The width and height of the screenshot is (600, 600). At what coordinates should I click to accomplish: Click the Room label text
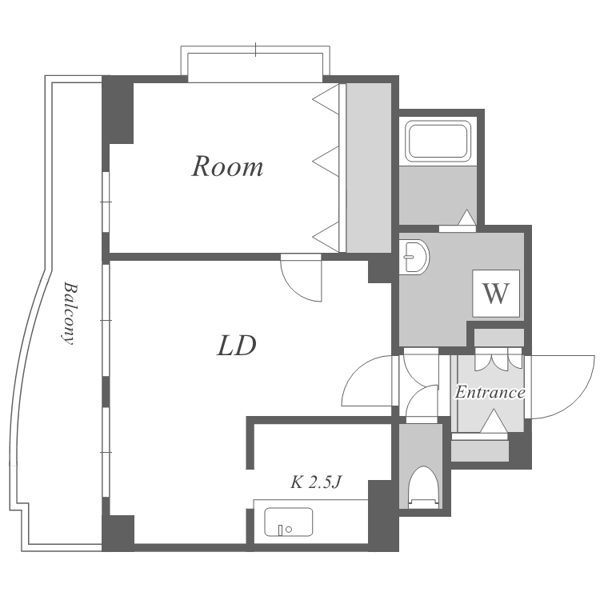(x=227, y=167)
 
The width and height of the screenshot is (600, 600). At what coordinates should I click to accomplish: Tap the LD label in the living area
(x=237, y=346)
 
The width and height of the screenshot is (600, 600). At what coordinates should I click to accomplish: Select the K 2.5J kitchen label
(x=316, y=482)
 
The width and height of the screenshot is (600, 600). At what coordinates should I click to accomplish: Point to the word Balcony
(x=69, y=312)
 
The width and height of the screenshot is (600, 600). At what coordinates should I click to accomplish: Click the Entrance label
(x=490, y=393)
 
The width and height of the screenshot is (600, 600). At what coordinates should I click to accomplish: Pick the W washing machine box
(x=496, y=294)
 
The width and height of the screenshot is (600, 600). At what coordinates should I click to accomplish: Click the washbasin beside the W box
(x=415, y=258)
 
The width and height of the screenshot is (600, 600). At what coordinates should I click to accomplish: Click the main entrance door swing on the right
(x=560, y=387)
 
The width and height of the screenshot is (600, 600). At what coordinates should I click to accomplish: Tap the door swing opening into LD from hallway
(x=368, y=382)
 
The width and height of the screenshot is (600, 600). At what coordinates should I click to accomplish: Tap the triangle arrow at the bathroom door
(x=466, y=218)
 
